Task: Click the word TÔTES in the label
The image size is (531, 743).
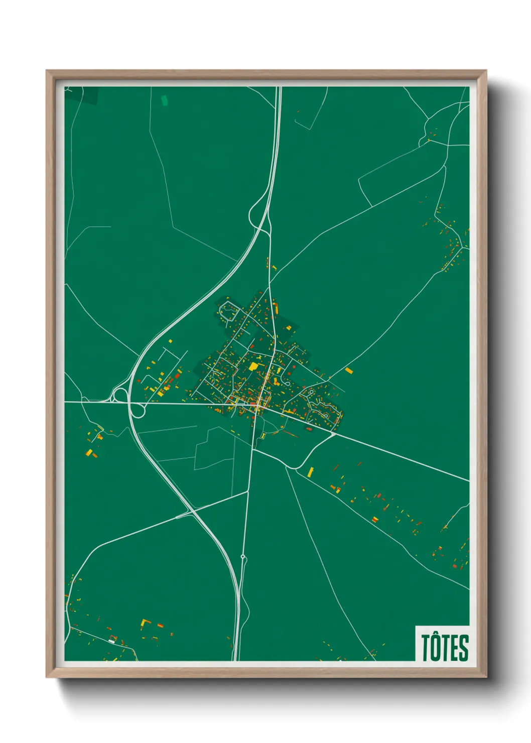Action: pyautogui.click(x=445, y=647)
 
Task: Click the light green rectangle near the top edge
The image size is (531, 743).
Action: pyautogui.click(x=164, y=100)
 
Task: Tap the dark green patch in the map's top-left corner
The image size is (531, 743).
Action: pyautogui.click(x=89, y=95)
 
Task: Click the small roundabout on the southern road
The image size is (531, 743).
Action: pyautogui.click(x=243, y=557)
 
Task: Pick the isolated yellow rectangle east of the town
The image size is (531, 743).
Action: pyautogui.click(x=349, y=371)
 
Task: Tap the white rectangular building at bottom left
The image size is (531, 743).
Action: pyautogui.click(x=112, y=641)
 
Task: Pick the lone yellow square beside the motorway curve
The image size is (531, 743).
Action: pyautogui.click(x=170, y=341)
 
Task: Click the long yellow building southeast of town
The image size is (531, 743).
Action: pyautogui.click(x=311, y=471)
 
